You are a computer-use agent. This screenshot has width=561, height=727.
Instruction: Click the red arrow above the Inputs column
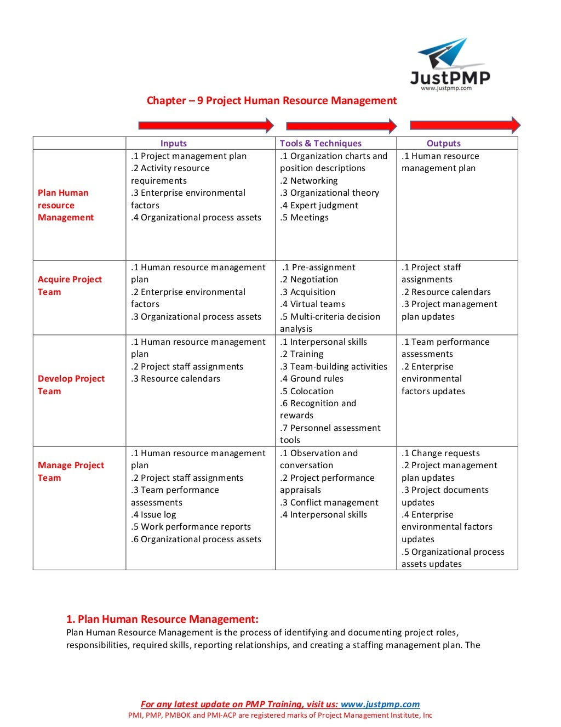(x=206, y=126)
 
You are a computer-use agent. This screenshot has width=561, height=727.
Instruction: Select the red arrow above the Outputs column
(x=465, y=125)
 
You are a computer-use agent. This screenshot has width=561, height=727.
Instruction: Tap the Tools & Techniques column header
(x=320, y=143)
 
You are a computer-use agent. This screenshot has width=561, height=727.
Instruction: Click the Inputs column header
(x=174, y=143)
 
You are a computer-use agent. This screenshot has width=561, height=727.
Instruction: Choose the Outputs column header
(x=443, y=143)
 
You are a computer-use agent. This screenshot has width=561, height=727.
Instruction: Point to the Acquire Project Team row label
(x=70, y=286)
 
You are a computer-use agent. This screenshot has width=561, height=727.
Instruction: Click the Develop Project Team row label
(x=71, y=385)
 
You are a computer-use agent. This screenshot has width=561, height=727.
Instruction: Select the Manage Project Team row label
(x=71, y=472)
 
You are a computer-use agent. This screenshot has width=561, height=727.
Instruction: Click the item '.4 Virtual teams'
(x=312, y=304)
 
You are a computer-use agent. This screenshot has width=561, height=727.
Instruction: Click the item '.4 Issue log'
(x=153, y=514)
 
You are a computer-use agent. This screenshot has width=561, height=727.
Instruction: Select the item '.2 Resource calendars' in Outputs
(x=446, y=292)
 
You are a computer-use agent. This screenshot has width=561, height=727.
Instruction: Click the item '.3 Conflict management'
(x=329, y=502)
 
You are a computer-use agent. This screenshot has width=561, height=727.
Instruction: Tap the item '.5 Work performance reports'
(x=191, y=526)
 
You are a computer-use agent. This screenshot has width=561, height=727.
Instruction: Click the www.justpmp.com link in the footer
(x=380, y=704)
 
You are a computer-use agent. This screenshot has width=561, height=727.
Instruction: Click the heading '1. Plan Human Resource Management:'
(x=162, y=619)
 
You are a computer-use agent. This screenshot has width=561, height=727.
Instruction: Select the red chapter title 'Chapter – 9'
(x=271, y=100)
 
